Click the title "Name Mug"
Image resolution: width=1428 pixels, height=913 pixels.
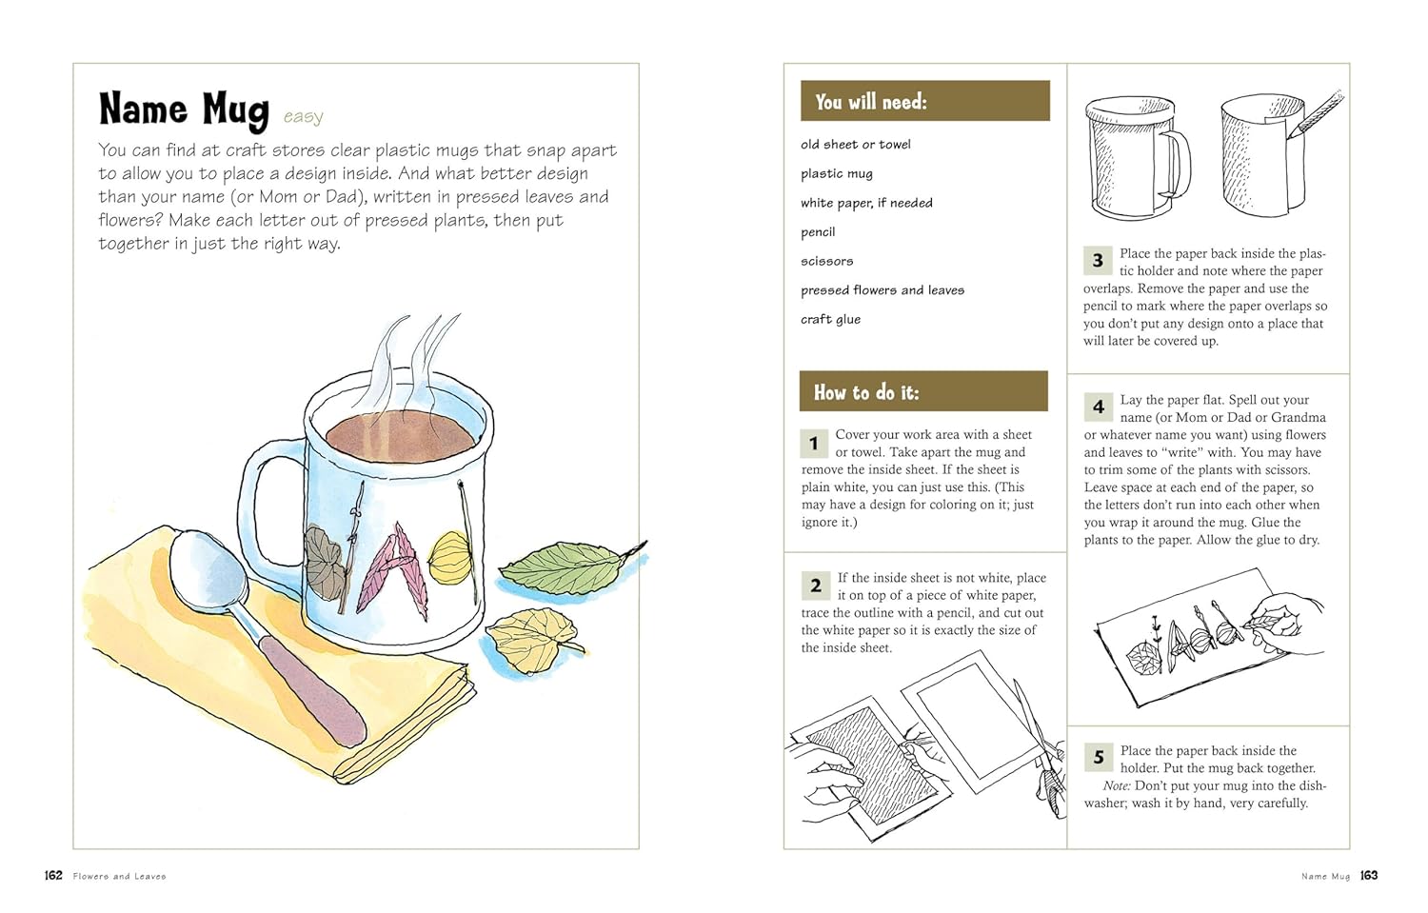185,110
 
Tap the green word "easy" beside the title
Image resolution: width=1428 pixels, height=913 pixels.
304,117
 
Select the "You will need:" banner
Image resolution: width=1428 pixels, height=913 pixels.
925,101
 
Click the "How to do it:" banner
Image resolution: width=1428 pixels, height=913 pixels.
923,391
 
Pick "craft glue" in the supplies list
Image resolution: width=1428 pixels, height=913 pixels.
831,320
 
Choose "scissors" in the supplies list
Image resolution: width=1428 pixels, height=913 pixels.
827,262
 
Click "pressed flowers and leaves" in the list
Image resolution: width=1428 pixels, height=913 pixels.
883,290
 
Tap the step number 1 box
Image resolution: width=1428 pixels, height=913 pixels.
813,443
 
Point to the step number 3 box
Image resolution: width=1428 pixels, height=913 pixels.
1098,261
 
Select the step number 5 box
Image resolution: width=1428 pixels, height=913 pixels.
1099,757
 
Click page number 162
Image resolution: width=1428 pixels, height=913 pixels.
53,875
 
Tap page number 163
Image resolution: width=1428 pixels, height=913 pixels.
1369,875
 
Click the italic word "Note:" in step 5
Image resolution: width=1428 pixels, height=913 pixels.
1117,785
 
